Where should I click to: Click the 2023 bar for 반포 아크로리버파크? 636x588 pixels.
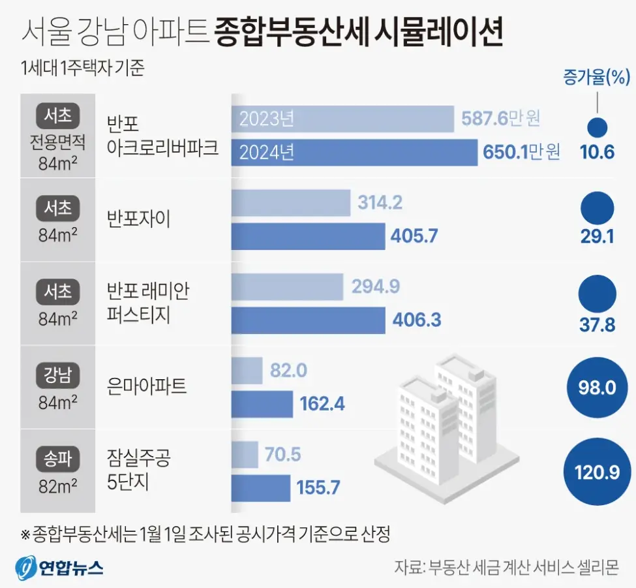click(342, 119)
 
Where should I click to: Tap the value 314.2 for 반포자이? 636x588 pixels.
click(380, 203)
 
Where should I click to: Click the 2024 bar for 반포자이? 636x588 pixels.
click(308, 236)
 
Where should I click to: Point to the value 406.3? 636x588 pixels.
click(417, 320)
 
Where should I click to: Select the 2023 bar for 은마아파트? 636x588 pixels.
click(247, 371)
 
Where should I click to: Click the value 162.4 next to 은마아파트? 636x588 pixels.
click(322, 404)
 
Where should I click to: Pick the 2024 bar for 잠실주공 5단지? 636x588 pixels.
click(261, 487)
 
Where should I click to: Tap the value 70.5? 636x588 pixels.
click(283, 454)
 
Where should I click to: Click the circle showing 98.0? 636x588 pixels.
click(597, 388)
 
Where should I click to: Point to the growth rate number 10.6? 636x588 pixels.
click(597, 153)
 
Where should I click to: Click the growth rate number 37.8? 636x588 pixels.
click(597, 324)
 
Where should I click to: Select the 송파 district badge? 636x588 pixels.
click(58, 460)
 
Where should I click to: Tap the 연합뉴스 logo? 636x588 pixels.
click(60, 566)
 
